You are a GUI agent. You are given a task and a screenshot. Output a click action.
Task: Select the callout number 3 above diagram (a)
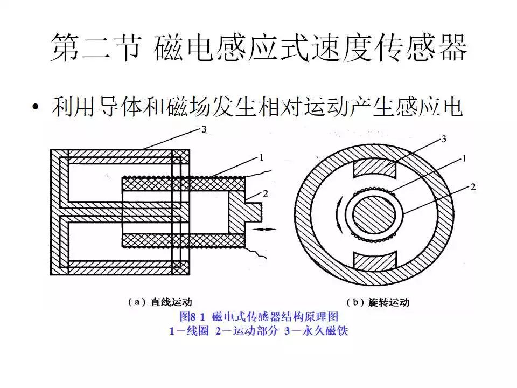(204, 129)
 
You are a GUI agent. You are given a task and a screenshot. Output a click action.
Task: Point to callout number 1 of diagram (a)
(261, 158)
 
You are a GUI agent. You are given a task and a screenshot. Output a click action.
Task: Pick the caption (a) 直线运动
(160, 302)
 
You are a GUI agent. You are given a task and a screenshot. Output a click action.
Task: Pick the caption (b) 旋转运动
(377, 302)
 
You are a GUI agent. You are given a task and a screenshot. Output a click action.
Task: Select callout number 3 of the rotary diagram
(443, 139)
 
